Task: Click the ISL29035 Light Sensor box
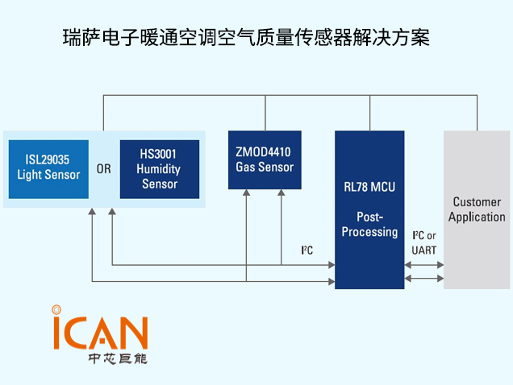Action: (48, 168)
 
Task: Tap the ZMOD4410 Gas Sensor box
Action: (265, 159)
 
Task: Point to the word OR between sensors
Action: (104, 169)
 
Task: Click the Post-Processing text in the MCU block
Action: (369, 225)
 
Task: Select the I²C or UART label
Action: (423, 242)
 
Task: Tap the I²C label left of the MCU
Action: (307, 250)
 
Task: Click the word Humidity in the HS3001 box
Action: (159, 169)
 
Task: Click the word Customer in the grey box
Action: (477, 202)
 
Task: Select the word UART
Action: (423, 250)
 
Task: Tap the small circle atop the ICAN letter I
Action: (56, 308)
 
